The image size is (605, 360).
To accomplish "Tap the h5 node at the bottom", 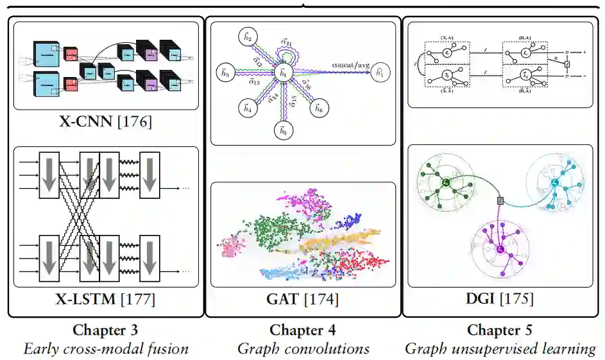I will [x=283, y=131].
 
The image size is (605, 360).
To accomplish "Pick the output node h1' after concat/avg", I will [x=382, y=72].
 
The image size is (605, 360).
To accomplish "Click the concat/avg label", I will [x=351, y=65].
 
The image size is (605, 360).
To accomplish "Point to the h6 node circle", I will [x=318, y=108].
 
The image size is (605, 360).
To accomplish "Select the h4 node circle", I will [x=248, y=108].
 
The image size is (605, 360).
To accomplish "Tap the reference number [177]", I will [x=136, y=298].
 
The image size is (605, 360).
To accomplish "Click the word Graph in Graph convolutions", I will [x=258, y=349].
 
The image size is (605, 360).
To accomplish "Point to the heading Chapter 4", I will [x=303, y=330].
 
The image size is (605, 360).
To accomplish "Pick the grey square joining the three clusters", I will [x=500, y=201].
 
